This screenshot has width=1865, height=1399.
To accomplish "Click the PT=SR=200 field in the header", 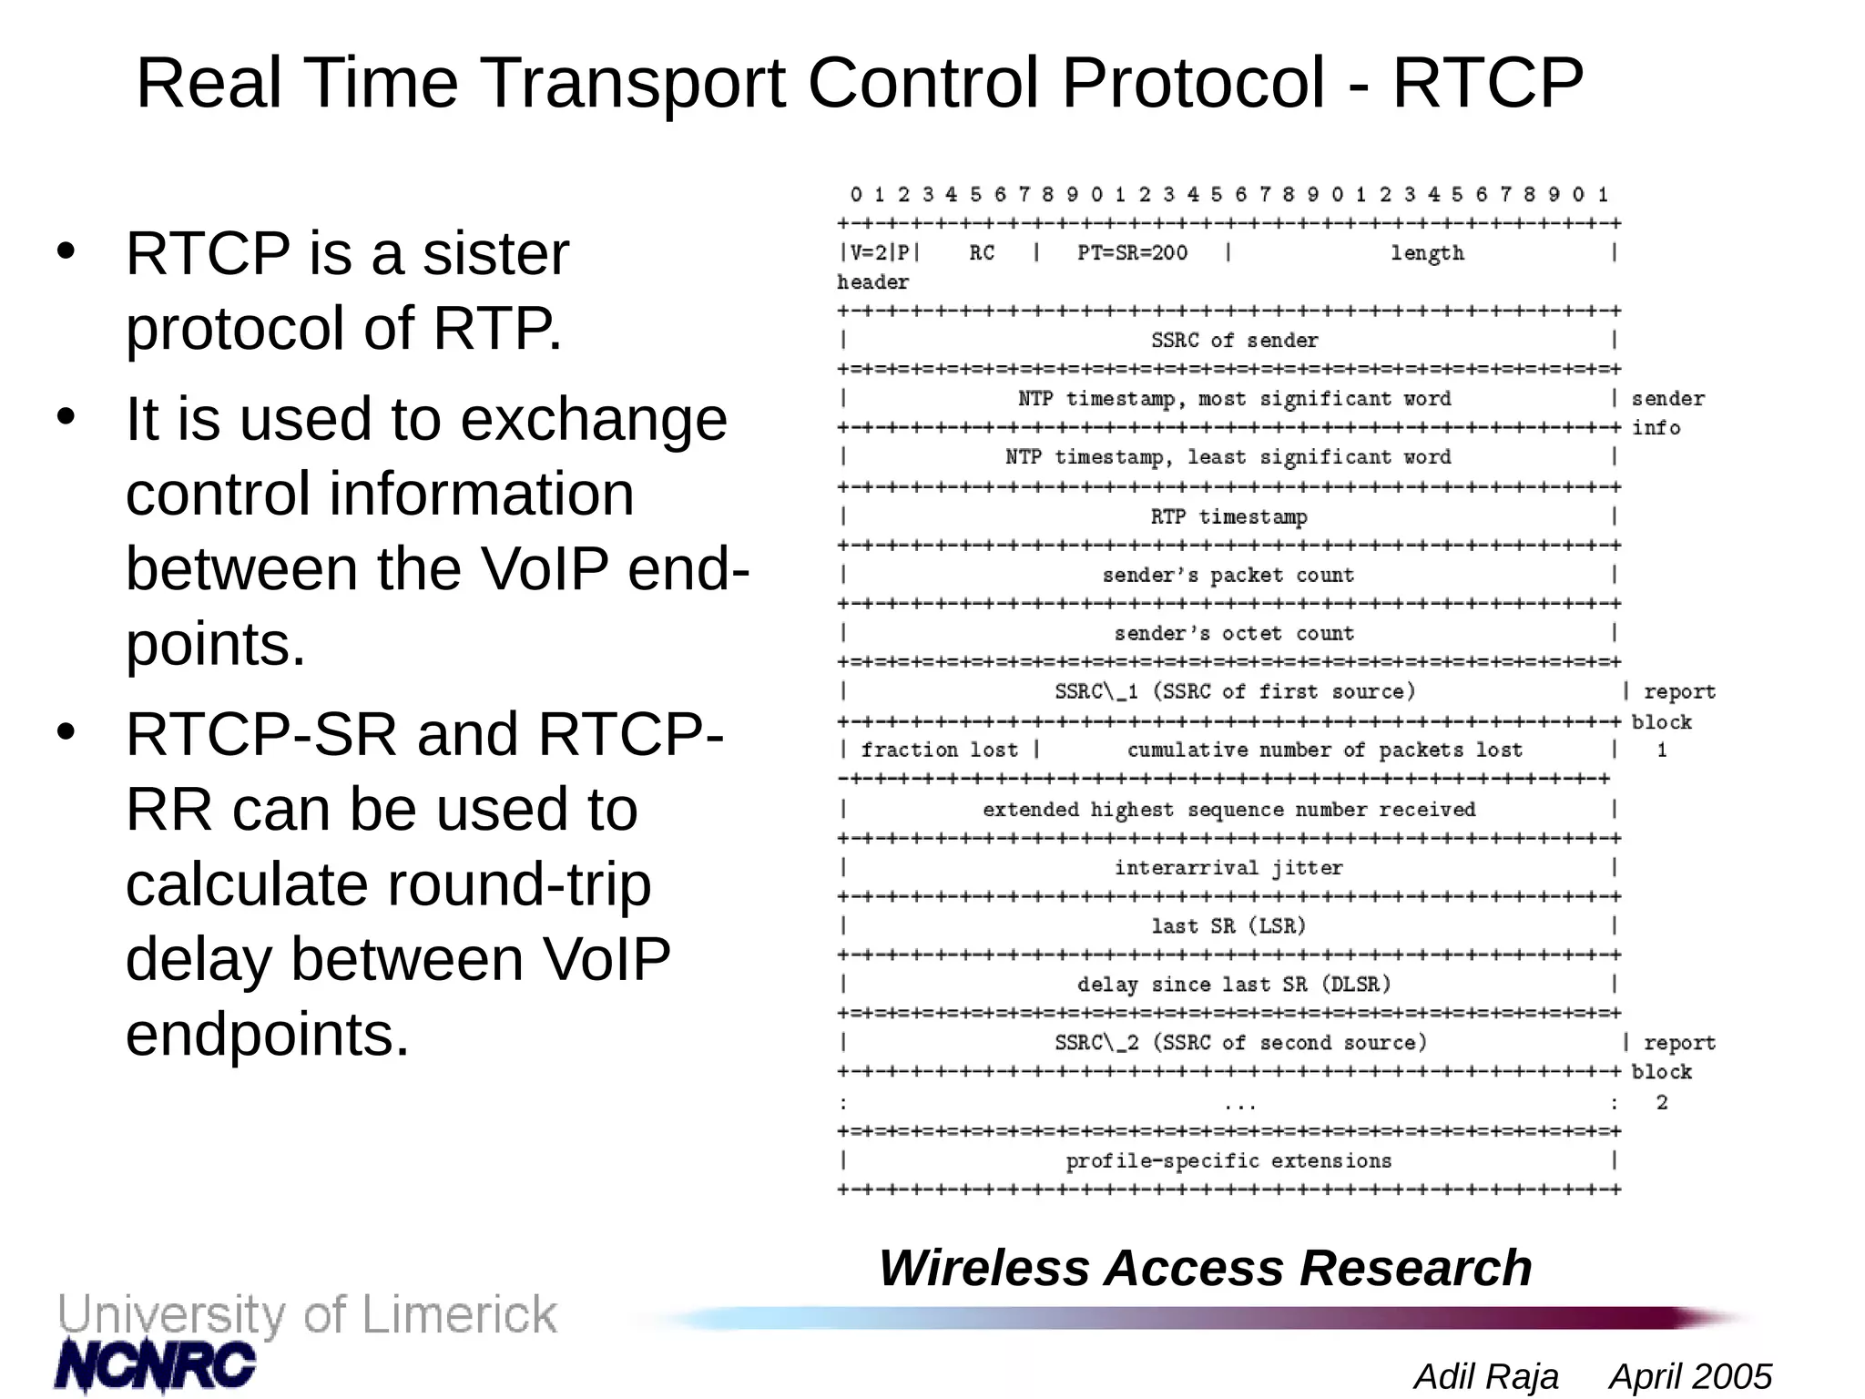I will click(x=1132, y=253).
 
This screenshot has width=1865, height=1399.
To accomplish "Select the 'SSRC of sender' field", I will click(x=1234, y=341).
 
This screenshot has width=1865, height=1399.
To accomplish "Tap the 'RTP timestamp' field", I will click(x=1228, y=516).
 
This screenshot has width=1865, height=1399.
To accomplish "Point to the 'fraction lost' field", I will click(x=939, y=750).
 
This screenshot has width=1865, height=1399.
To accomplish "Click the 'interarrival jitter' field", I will click(x=1228, y=867).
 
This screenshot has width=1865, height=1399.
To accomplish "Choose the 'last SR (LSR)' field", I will click(x=1228, y=926).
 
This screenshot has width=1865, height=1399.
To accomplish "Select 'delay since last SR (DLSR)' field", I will click(x=1234, y=985).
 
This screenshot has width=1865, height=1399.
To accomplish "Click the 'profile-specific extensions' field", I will click(x=1228, y=1160).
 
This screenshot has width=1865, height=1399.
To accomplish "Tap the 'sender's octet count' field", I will click(x=1234, y=633).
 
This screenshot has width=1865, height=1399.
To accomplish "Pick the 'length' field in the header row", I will click(x=1427, y=253).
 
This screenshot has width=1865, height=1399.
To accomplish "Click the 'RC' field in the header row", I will click(x=982, y=253).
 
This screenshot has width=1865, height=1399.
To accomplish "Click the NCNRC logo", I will click(x=155, y=1365).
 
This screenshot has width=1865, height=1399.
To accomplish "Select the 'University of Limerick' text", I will click(x=307, y=1315).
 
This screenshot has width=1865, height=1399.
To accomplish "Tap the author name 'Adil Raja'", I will click(x=1485, y=1376).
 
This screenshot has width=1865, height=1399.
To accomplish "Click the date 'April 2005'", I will click(x=1690, y=1376).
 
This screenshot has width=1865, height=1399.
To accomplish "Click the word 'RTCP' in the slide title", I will click(x=1487, y=83).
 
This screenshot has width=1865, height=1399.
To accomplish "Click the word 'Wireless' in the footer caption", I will click(x=983, y=1268).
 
